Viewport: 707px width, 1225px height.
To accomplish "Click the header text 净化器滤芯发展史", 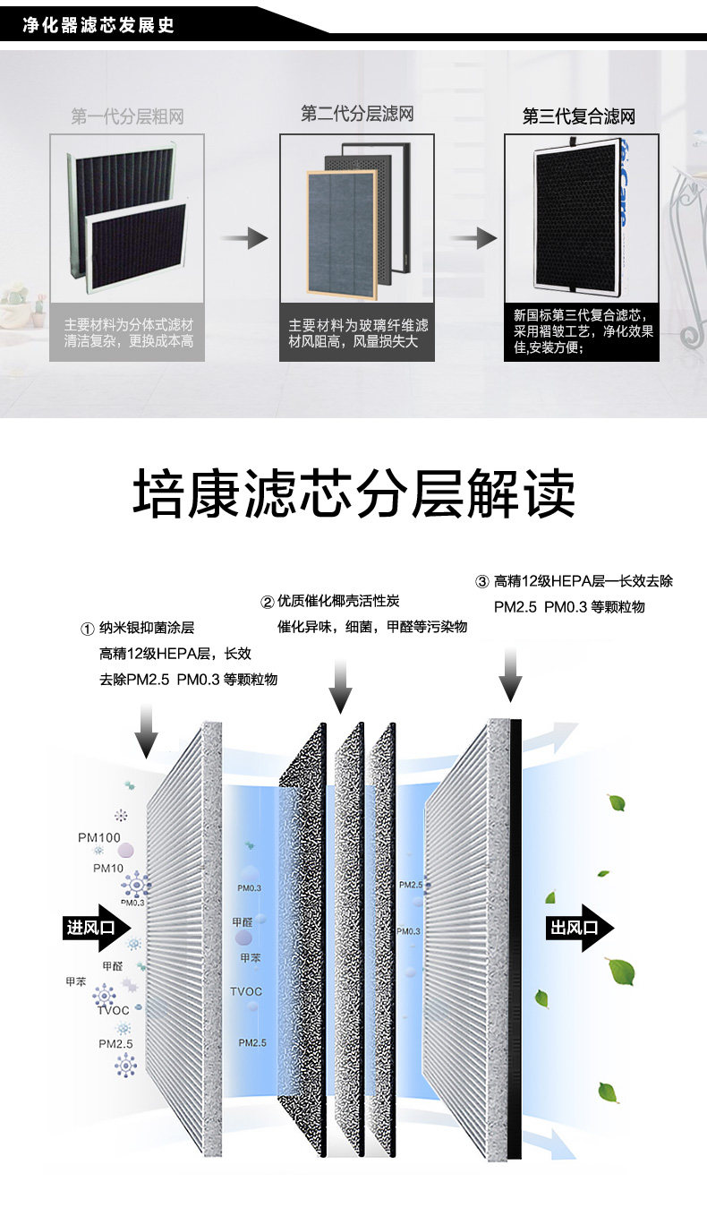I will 98,24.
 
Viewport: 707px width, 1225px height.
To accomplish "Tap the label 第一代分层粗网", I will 127,117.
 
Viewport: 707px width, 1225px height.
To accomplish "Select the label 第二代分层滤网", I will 357,115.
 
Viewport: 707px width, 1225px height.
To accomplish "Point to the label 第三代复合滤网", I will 579,117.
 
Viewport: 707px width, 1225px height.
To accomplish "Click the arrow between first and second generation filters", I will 244,238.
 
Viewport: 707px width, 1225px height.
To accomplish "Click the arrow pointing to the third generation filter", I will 473,238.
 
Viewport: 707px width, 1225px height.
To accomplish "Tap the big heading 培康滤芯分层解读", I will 353,494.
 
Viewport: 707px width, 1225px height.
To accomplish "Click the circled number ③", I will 481,582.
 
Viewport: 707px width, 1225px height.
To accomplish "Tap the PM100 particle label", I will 98,838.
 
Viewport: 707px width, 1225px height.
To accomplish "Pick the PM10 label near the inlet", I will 108,869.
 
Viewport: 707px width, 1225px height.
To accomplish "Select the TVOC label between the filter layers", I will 246,991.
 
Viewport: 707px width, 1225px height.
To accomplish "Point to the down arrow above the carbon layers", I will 340,686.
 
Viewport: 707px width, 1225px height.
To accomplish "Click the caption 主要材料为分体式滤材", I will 128,324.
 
